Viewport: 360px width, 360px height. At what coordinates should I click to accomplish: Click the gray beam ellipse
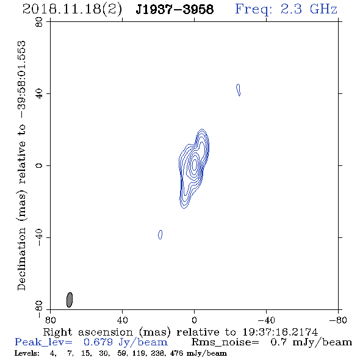tap(70, 300)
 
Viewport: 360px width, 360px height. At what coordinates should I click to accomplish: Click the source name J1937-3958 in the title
tap(175, 10)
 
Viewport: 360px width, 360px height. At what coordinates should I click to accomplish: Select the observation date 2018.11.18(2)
tap(72, 10)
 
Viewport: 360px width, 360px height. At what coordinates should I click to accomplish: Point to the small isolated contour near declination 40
tap(239, 90)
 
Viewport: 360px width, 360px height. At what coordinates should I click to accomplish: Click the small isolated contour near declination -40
tap(160, 235)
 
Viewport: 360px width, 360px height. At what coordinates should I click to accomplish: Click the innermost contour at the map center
tap(195, 164)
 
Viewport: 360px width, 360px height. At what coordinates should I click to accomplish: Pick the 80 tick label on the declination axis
tap(39, 22)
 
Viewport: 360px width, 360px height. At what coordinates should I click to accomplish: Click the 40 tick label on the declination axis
tap(39, 94)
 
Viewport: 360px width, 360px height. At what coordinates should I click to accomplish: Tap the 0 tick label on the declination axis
tap(39, 165)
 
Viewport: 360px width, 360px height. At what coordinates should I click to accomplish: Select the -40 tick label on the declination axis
tap(39, 237)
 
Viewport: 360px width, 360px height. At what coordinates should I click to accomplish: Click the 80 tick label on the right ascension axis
tap(50, 320)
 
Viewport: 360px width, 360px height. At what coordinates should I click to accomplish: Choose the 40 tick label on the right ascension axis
tap(122, 320)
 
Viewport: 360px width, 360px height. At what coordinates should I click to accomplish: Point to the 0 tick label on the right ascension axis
tap(194, 320)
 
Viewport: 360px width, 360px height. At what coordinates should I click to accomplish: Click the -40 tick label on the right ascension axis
tap(266, 320)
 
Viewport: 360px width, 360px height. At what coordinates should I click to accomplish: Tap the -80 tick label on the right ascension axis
tap(338, 320)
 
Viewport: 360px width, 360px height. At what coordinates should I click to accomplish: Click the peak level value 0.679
tap(98, 342)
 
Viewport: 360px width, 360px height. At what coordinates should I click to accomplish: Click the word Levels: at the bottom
tap(27, 353)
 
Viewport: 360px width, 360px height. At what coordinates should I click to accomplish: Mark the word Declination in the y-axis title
tap(21, 259)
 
